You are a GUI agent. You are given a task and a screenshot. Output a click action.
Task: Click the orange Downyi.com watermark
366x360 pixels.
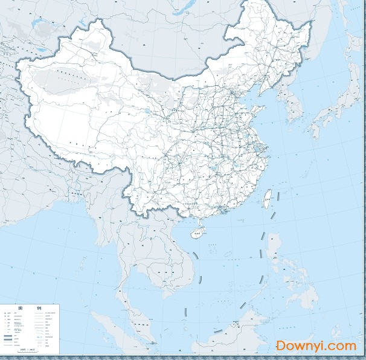pos(316,346)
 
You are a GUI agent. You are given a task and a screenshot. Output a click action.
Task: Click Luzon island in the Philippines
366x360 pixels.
pos(275,248)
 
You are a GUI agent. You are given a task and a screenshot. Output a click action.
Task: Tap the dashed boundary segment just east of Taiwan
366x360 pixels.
pos(280,194)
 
